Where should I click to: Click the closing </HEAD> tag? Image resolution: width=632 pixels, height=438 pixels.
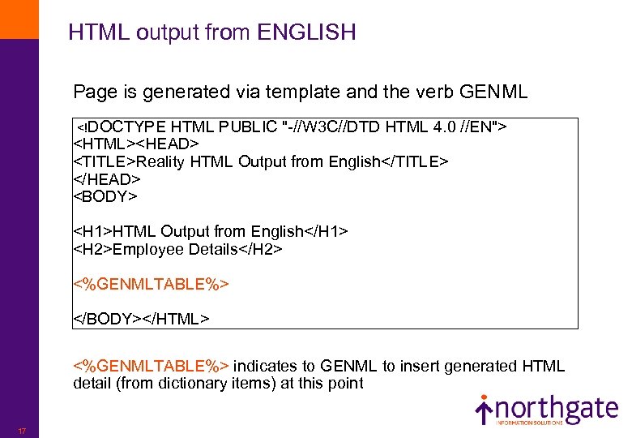108,178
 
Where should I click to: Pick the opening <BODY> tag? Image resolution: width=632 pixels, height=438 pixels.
106,196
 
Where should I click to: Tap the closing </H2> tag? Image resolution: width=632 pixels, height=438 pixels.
260,249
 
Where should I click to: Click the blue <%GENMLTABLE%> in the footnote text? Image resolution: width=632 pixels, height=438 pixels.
152,366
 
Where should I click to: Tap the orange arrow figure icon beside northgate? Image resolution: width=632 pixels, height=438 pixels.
484,410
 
